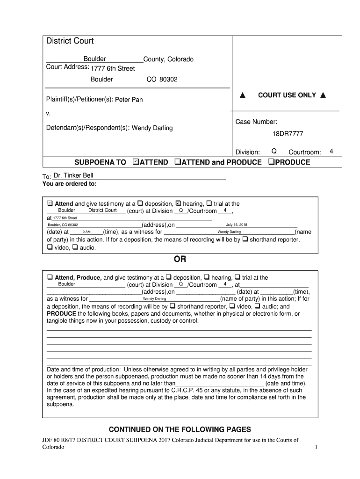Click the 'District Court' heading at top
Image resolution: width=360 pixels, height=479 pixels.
[70, 41]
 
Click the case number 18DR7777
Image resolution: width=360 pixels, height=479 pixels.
[288, 134]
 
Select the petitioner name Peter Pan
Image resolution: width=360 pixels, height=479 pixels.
[129, 100]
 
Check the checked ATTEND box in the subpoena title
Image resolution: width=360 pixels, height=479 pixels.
[136, 162]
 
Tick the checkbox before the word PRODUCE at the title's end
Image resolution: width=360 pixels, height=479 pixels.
[271, 162]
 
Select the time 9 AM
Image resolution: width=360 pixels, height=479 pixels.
[86, 232]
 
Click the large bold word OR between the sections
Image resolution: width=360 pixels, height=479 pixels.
[180, 260]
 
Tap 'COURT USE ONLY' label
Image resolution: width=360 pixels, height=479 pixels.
[287, 95]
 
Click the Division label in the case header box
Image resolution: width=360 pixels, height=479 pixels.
[247, 152]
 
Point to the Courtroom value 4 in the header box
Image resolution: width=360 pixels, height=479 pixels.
[331, 152]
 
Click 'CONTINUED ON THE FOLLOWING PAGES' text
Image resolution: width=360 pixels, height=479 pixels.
[180, 429]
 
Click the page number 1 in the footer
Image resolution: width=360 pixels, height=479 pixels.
[316, 447]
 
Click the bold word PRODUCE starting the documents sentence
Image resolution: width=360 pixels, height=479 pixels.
[62, 313]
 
